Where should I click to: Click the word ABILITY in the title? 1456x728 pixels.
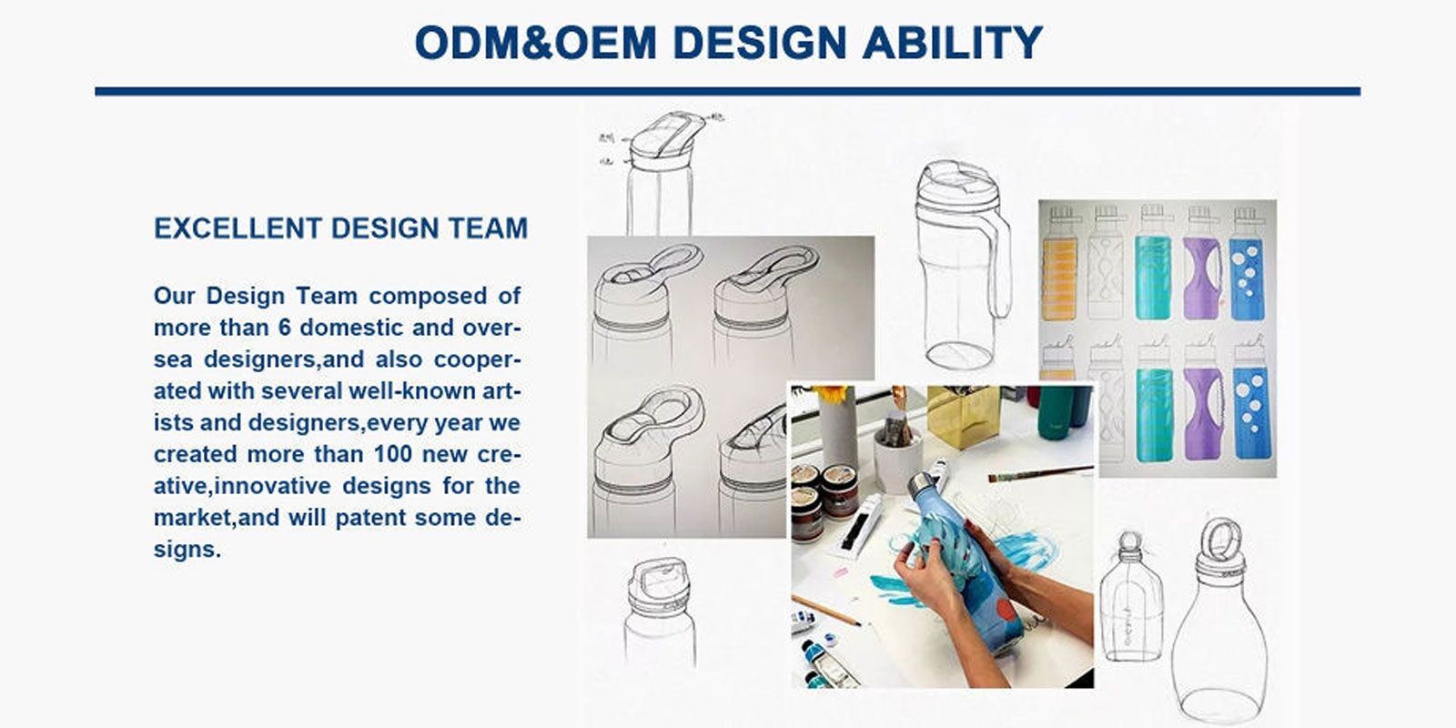pos(952,43)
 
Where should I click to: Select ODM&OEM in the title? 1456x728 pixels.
pos(536,43)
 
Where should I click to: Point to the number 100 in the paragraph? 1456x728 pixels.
pos(392,454)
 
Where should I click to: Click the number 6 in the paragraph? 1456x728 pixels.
pos(285,327)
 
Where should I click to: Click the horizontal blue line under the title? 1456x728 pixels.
pos(727,92)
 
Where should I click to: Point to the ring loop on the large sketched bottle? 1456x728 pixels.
pos(1221,539)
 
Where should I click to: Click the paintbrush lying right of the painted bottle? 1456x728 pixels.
pos(1041,474)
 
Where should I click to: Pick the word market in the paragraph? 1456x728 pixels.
pos(193,518)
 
